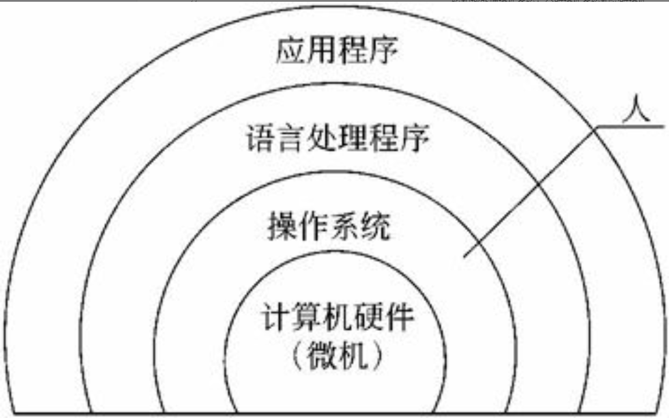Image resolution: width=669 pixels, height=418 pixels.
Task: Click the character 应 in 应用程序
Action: [x=289, y=52]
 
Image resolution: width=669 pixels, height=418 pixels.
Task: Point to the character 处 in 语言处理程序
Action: [x=319, y=140]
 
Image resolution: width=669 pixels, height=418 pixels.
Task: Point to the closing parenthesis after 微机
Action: [x=377, y=355]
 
